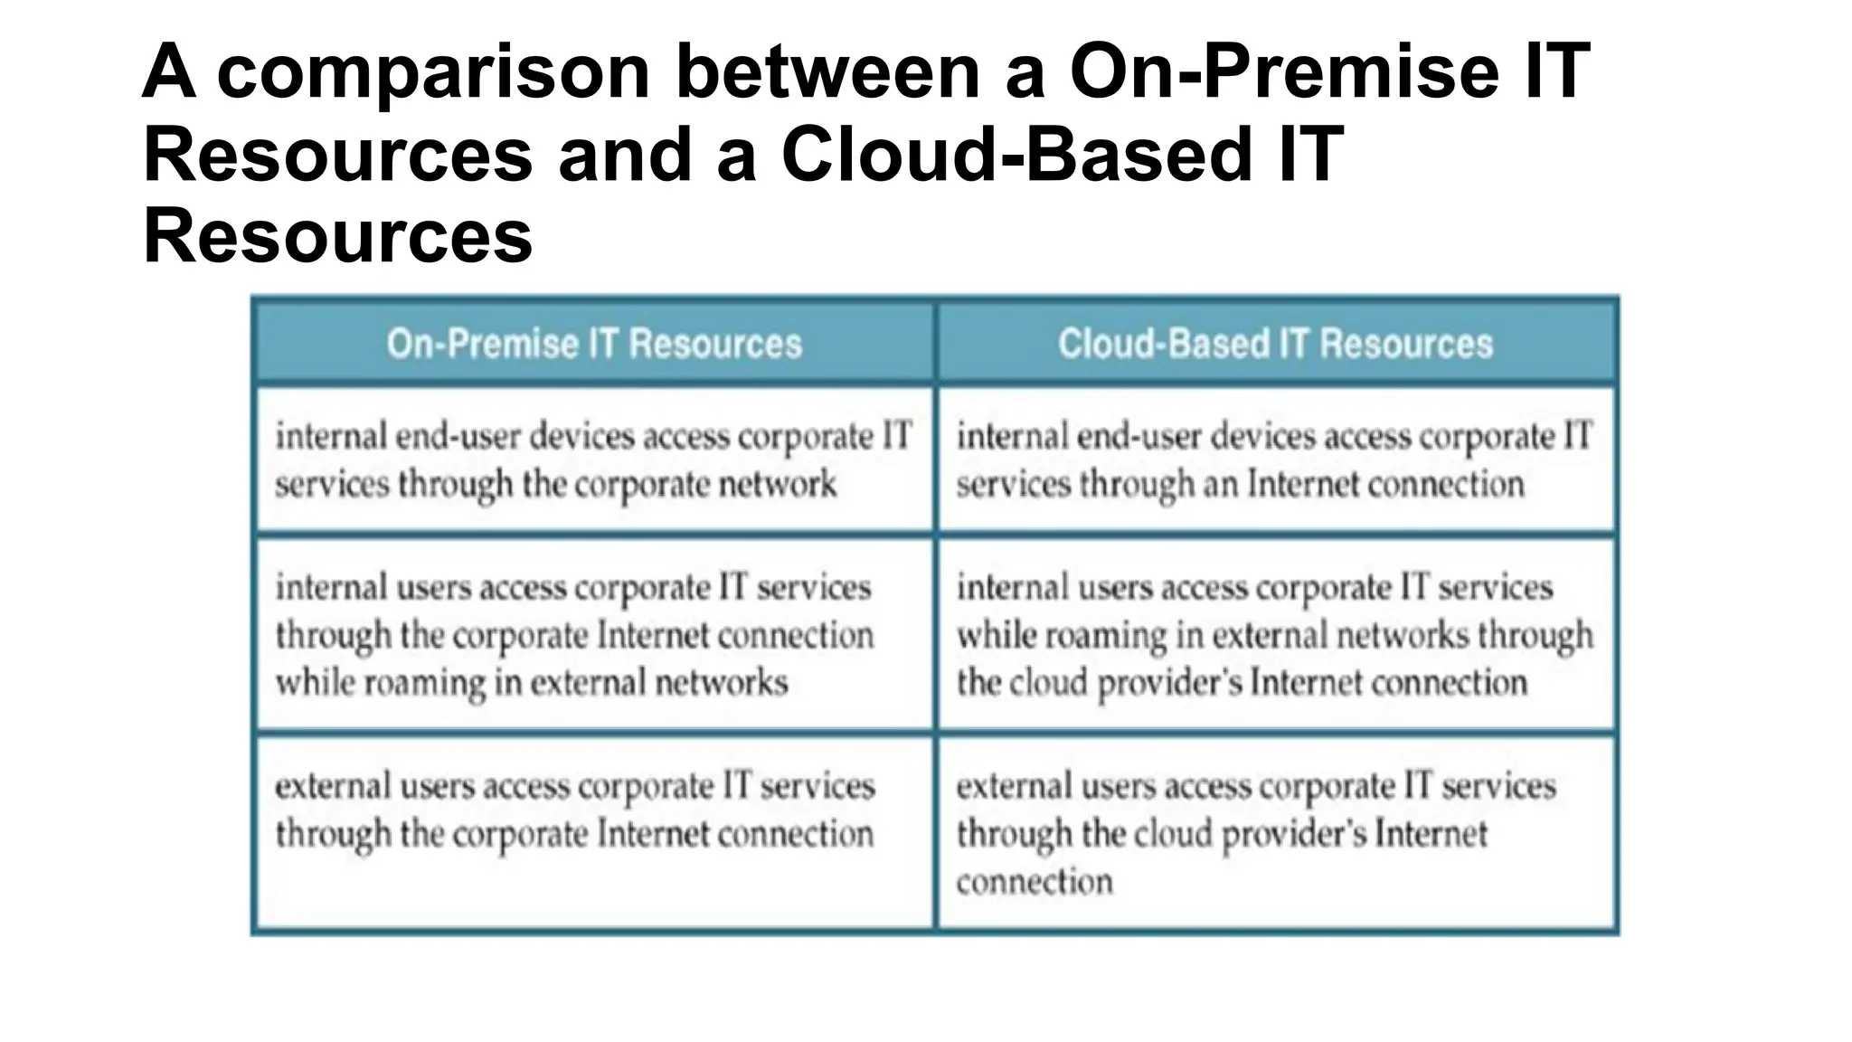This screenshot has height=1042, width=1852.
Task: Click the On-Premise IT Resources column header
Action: pyautogui.click(x=594, y=345)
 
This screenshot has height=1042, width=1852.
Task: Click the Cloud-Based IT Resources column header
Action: pyautogui.click(x=1275, y=345)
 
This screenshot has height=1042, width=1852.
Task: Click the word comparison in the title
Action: pyautogui.click(x=434, y=72)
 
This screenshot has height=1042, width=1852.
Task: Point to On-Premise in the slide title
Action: pyautogui.click(x=1285, y=72)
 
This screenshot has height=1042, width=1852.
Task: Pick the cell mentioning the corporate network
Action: pyautogui.click(x=594, y=459)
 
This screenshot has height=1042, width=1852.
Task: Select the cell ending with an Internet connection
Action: pyautogui.click(x=1275, y=459)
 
